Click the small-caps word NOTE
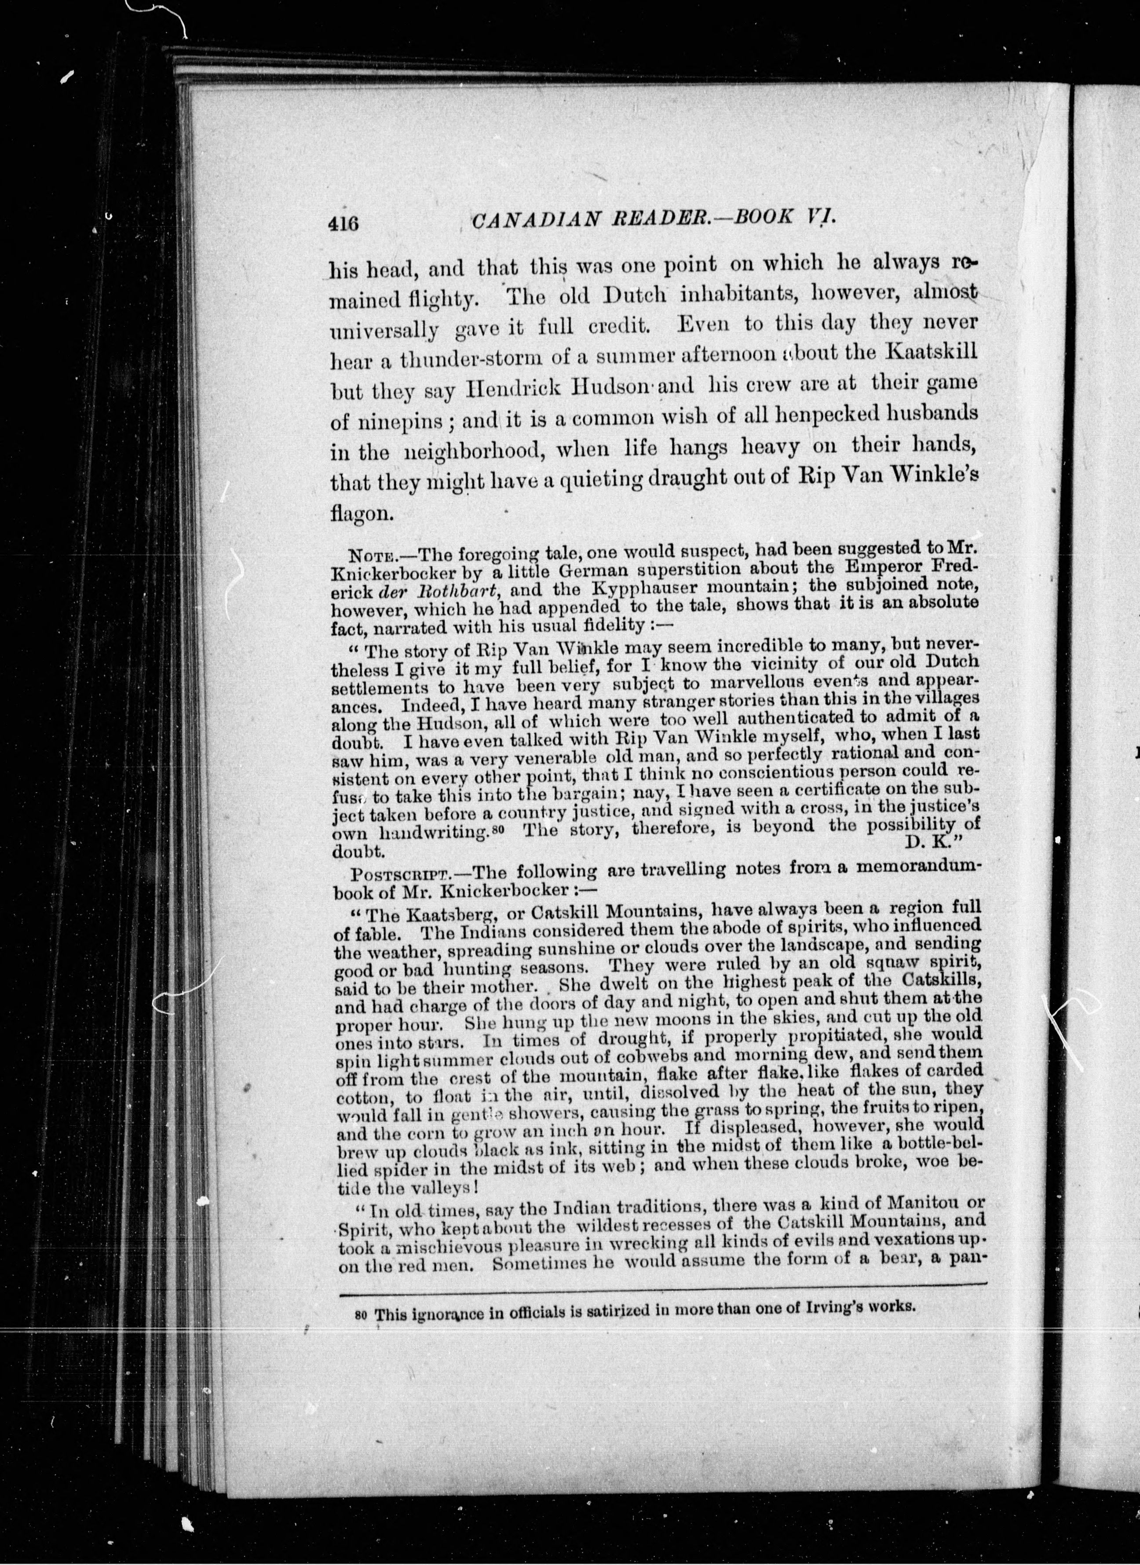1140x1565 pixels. point(374,556)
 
